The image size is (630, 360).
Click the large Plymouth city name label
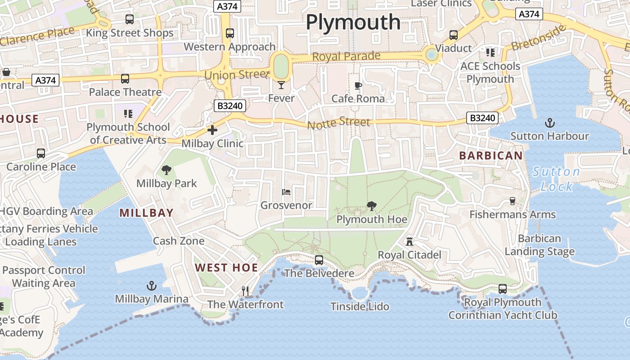pyautogui.click(x=353, y=22)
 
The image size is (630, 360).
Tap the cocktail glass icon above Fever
pyautogui.click(x=281, y=85)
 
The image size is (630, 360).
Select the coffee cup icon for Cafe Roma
pyautogui.click(x=358, y=85)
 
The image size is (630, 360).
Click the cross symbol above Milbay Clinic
pyautogui.click(x=212, y=130)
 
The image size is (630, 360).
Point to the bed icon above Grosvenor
pyautogui.click(x=286, y=192)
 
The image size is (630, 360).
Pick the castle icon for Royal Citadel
pyautogui.click(x=409, y=242)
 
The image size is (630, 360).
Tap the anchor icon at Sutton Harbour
pyautogui.click(x=549, y=122)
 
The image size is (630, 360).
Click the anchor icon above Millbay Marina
pyautogui.click(x=152, y=286)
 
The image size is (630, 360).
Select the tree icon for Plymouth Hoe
pyautogui.click(x=372, y=206)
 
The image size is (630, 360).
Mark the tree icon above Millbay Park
pyautogui.click(x=166, y=170)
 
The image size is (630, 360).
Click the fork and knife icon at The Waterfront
pyautogui.click(x=245, y=291)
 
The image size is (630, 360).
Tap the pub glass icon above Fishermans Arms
pyautogui.click(x=512, y=201)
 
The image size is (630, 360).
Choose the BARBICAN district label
pyautogui.click(x=491, y=156)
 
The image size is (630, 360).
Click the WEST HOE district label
pyautogui.click(x=226, y=268)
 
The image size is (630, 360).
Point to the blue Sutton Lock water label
pyautogui.click(x=556, y=179)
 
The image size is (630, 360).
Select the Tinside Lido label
pyautogui.click(x=360, y=306)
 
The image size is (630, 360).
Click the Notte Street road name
pyautogui.click(x=339, y=122)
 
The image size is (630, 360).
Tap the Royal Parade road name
pyautogui.click(x=346, y=57)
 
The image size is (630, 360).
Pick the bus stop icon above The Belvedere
pyautogui.click(x=319, y=260)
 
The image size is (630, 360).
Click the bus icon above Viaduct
pyautogui.click(x=454, y=35)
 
